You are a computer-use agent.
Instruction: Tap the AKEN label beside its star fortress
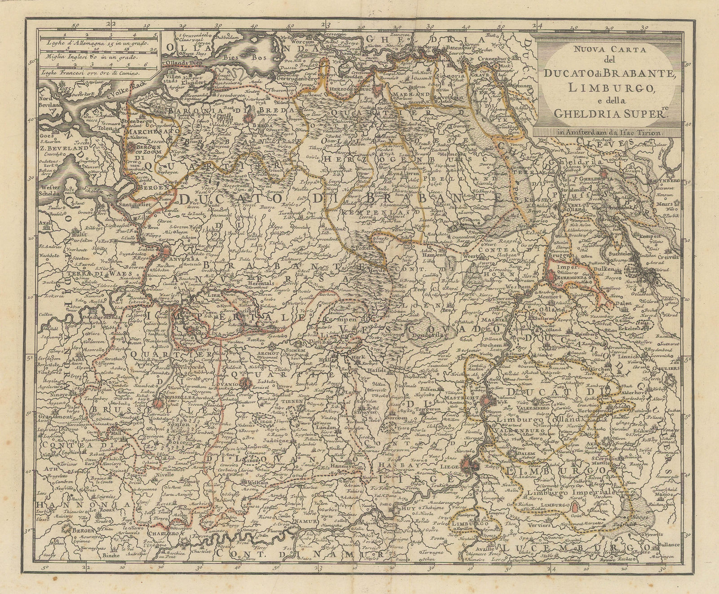pyautogui.click(x=590, y=442)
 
